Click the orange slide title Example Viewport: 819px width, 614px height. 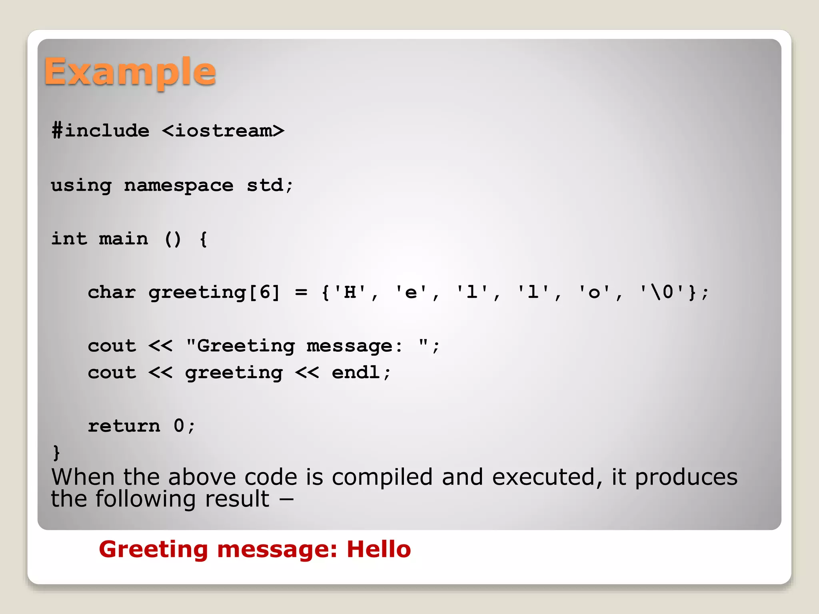click(130, 72)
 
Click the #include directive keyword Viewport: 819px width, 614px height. click(100, 131)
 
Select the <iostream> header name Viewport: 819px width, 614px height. click(223, 131)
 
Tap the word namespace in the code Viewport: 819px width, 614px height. click(178, 185)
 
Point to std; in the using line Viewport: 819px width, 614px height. click(270, 185)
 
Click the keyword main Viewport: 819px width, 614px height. click(123, 239)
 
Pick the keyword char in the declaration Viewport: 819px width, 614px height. click(112, 292)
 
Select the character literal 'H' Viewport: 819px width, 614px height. click(350, 292)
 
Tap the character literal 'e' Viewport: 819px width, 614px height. click(411, 292)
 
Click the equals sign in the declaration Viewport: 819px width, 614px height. click(301, 293)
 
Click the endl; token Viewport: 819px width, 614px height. click(361, 373)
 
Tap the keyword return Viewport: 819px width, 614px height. click(124, 426)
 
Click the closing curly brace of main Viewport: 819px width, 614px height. click(56, 453)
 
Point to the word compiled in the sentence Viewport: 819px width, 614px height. click(382, 477)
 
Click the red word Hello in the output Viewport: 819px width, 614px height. click(378, 549)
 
